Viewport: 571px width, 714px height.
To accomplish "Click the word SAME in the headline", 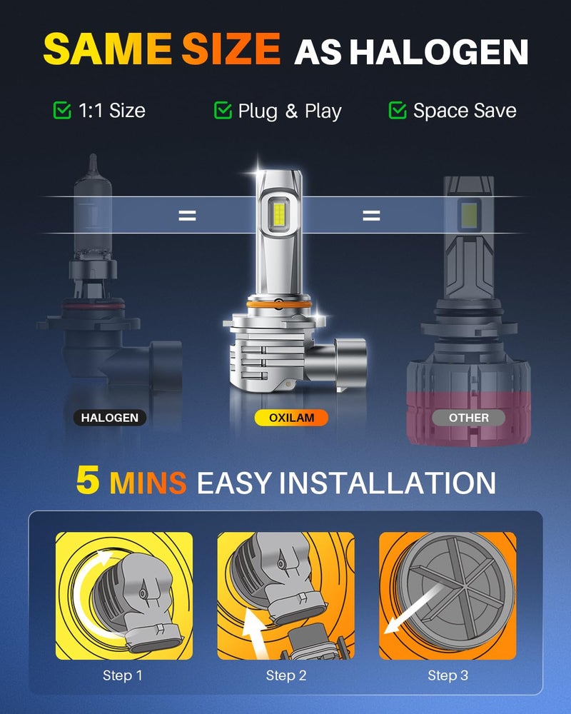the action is (x=108, y=49).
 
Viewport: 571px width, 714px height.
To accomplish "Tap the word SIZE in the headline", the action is (x=231, y=49).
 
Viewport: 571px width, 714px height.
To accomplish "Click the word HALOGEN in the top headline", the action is (x=439, y=52).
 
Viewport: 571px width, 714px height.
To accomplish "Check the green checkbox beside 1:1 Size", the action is (x=62, y=110).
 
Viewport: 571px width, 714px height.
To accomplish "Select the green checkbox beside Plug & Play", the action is (x=223, y=110).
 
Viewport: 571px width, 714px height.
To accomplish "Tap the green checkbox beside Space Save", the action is (x=398, y=110).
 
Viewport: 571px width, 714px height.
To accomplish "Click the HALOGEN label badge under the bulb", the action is (x=110, y=418).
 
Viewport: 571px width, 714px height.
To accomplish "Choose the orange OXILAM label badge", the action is (x=291, y=418).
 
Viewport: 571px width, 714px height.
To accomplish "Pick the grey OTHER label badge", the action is (x=468, y=418).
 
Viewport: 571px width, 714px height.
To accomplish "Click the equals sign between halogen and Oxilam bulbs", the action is (x=187, y=216).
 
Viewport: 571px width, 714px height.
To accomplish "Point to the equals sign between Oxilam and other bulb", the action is (x=371, y=216).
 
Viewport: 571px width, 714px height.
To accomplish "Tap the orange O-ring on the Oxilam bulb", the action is (x=278, y=303).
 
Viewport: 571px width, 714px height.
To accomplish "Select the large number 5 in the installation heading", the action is (x=88, y=480).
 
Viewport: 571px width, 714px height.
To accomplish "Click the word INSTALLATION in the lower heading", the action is (x=387, y=483).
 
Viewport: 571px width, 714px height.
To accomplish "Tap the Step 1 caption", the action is (x=123, y=675).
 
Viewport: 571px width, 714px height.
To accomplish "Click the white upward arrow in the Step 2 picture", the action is (x=253, y=633).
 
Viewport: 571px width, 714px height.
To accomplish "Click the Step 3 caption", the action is (x=448, y=675).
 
